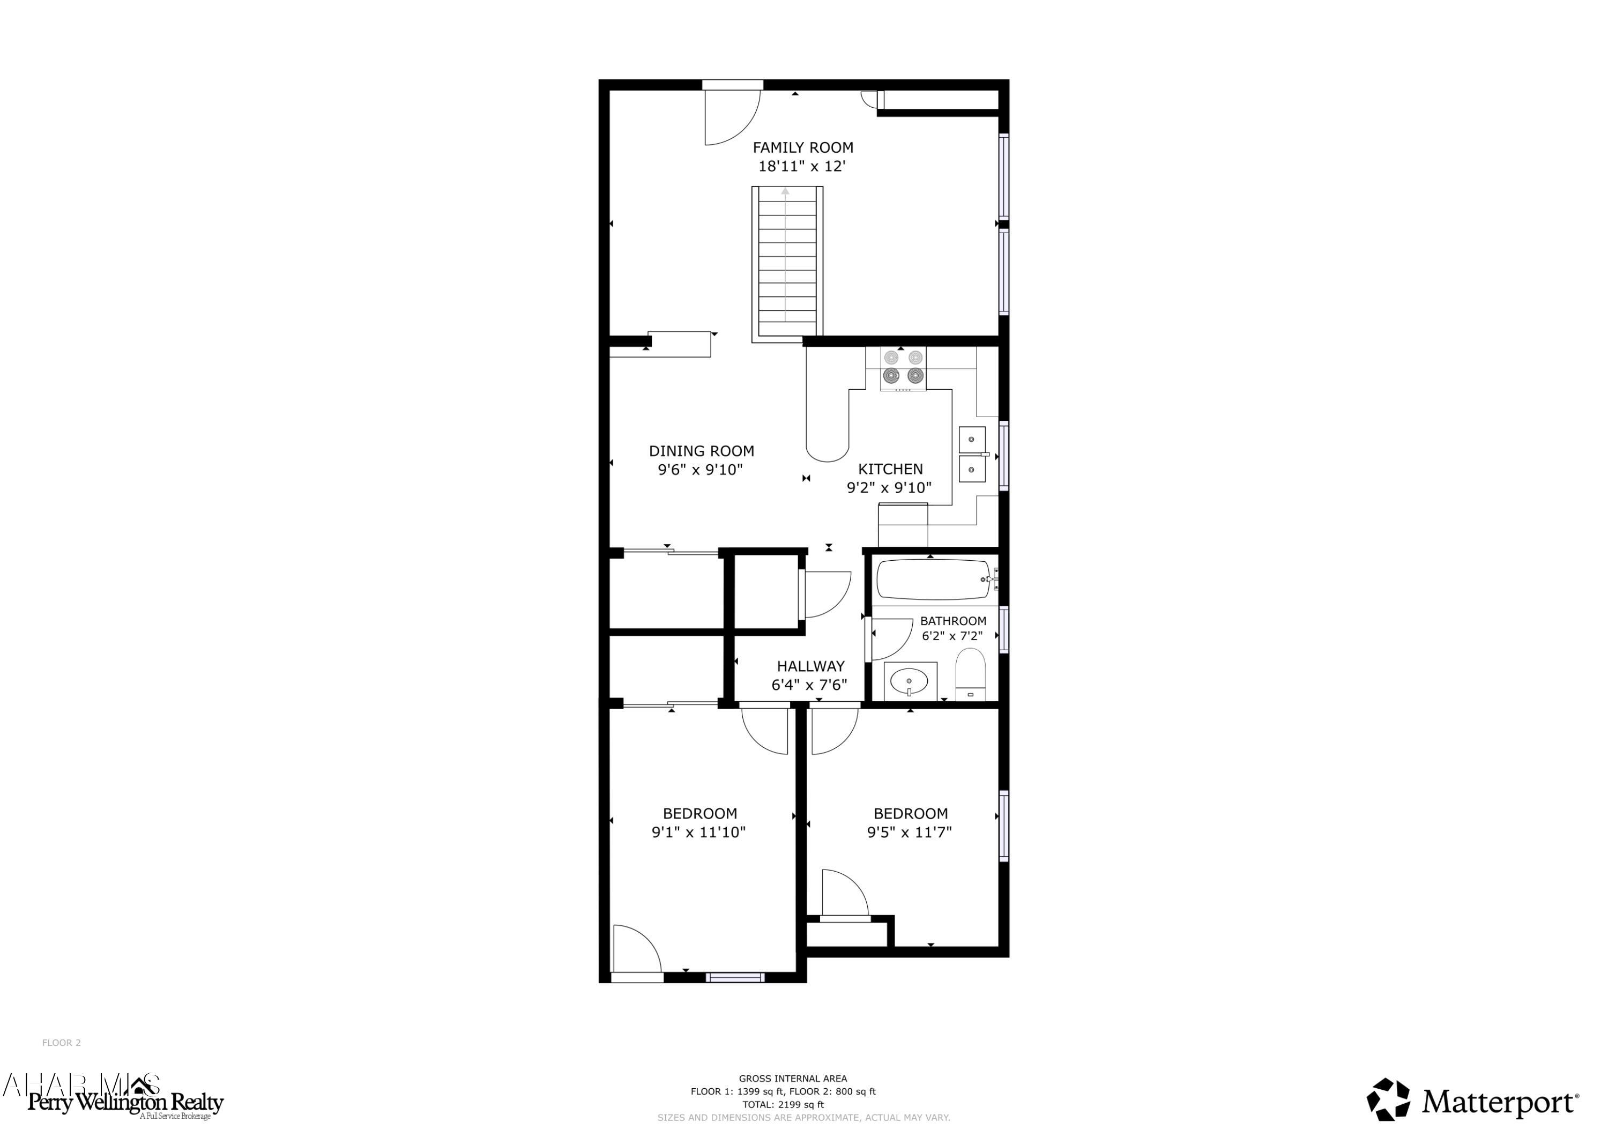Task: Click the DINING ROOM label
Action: [701, 451]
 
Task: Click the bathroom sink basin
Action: [909, 681]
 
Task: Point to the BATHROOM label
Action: [952, 621]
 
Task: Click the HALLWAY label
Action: [810, 666]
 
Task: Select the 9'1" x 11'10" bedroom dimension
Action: [698, 833]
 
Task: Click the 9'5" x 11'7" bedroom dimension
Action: [909, 833]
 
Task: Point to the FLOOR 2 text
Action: [62, 1043]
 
